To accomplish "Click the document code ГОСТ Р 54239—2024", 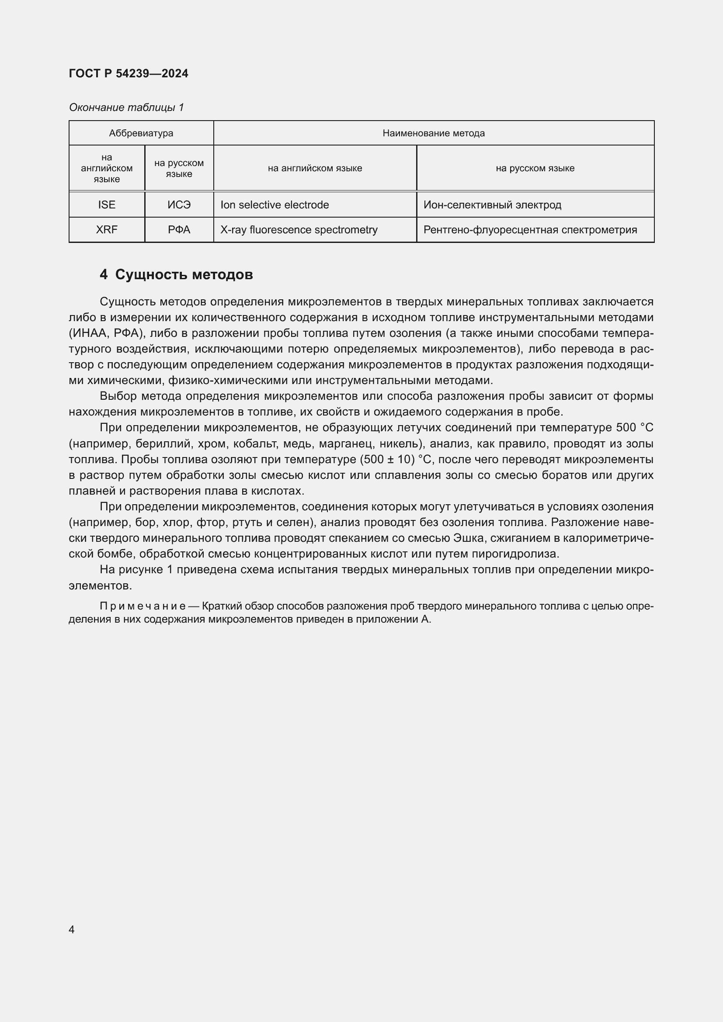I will pos(128,73).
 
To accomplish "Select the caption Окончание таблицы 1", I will pos(126,107).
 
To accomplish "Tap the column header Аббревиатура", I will pos(141,133).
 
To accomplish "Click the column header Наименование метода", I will pos(433,133).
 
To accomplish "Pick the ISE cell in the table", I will pos(106,205).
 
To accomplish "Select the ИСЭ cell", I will pos(179,205).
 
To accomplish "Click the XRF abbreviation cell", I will pos(106,230).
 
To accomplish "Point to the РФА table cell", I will pos(179,230).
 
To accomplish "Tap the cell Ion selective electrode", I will pos(274,205).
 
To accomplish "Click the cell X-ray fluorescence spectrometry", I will pos(299,230).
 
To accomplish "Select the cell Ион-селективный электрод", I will pos(492,205).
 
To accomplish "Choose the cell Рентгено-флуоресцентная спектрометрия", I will pos(530,230).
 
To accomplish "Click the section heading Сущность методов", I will pos(184,275).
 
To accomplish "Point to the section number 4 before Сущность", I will pos(103,275).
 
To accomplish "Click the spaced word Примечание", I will pos(143,606).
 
